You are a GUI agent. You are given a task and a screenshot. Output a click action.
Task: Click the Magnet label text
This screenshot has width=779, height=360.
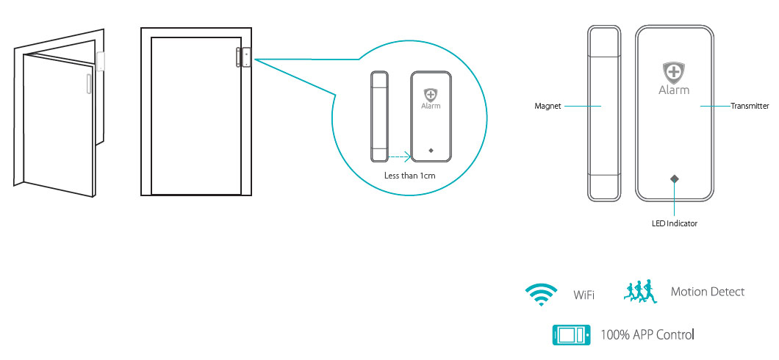click(548, 107)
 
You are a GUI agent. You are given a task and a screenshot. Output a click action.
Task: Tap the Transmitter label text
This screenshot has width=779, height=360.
click(750, 107)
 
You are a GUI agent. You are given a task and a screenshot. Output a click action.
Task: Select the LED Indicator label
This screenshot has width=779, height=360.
click(674, 223)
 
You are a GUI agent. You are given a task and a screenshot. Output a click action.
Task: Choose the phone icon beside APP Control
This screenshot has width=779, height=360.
click(571, 335)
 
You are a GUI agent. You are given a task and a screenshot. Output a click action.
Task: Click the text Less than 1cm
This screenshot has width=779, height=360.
click(410, 176)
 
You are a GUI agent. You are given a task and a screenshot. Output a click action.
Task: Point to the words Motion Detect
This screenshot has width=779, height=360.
click(707, 292)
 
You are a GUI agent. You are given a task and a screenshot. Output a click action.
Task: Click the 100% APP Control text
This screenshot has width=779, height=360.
click(647, 335)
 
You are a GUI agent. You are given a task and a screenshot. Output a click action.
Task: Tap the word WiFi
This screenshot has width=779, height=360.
click(584, 295)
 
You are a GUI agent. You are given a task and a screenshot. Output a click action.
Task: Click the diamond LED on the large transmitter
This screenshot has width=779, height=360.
click(674, 179)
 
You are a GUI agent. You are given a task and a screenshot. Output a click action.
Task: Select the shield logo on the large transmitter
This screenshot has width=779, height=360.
click(674, 73)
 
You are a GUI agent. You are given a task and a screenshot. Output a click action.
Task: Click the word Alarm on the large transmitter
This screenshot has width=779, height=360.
click(674, 90)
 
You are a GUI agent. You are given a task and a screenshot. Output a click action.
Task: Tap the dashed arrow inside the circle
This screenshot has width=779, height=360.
click(398, 156)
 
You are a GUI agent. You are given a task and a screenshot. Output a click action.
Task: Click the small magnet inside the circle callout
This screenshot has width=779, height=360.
click(378, 116)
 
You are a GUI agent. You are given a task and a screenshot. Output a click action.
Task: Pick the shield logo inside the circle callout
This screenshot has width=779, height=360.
click(430, 95)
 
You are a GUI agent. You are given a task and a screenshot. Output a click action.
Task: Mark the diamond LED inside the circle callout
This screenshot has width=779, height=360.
click(430, 151)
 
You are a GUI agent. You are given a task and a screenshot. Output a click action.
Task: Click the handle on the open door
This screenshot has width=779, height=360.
click(88, 83)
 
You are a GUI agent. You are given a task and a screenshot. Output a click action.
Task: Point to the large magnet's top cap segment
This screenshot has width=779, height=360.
click(604, 41)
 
